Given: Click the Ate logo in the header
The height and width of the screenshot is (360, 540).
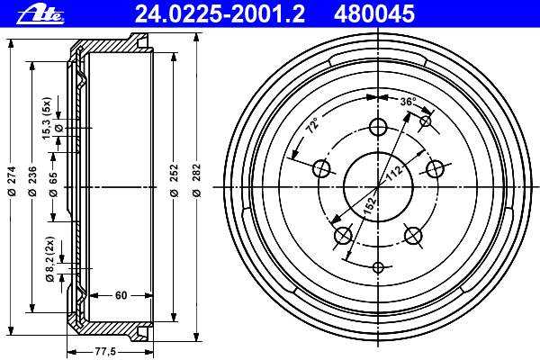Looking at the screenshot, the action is (x=40, y=15).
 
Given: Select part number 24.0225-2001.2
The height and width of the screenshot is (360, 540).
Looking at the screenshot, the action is (x=220, y=14).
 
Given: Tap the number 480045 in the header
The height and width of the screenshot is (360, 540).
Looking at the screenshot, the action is (x=374, y=14).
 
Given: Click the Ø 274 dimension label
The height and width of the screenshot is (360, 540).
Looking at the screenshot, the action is (x=13, y=181).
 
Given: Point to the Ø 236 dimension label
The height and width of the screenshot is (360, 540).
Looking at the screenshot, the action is (x=32, y=181).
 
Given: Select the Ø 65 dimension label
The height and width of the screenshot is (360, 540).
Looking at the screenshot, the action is (x=53, y=184).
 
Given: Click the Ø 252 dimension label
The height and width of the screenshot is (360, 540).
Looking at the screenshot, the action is (x=175, y=180).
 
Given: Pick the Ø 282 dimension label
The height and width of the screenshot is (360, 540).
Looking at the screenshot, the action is (x=196, y=180).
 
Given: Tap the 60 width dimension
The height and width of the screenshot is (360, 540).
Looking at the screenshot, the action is (x=121, y=295).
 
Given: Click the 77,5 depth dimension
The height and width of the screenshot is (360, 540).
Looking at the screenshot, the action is (x=105, y=352).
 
